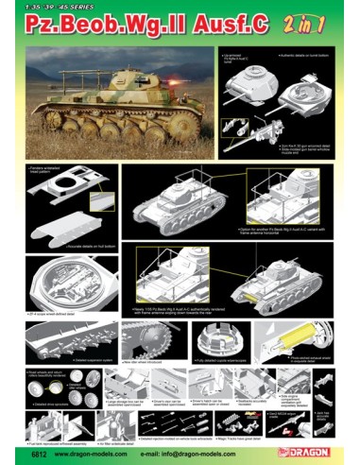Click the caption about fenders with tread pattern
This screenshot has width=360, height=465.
(x=57, y=173)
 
